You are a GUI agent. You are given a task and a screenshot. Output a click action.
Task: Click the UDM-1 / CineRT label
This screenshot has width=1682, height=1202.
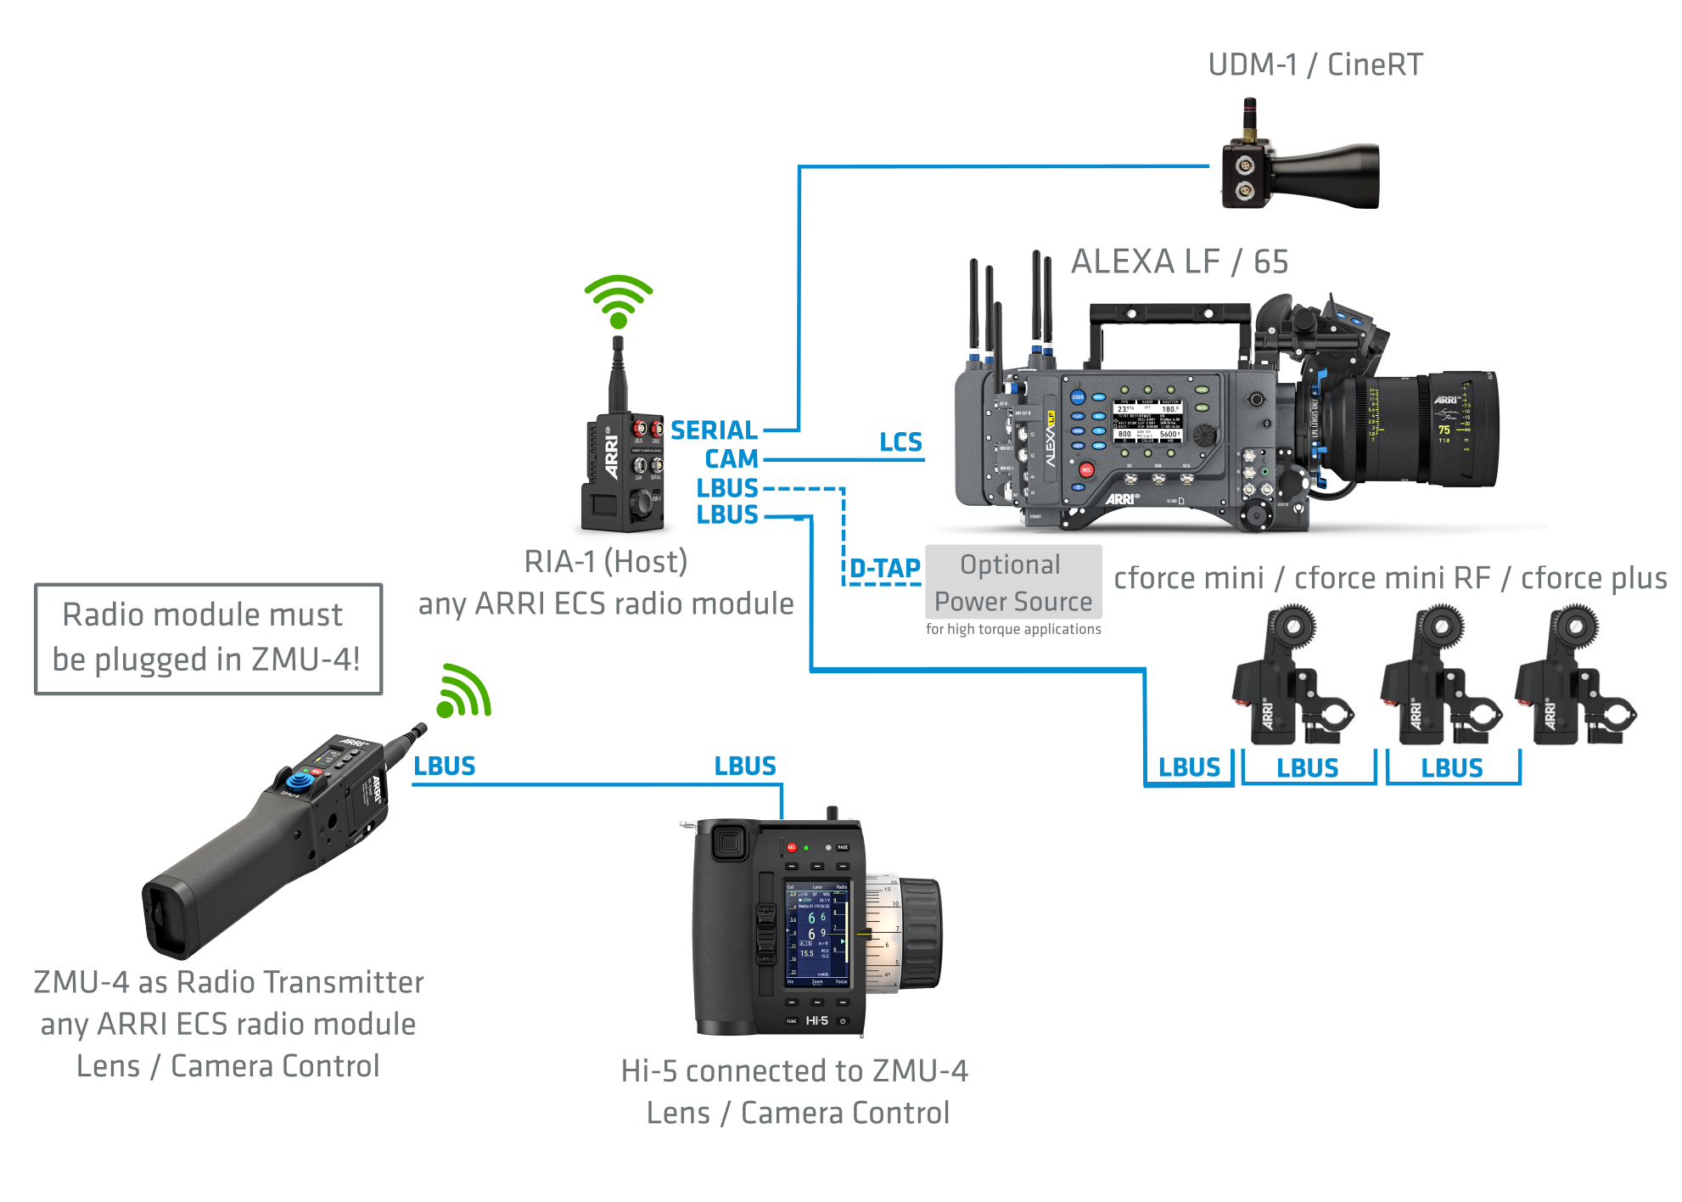[1315, 65]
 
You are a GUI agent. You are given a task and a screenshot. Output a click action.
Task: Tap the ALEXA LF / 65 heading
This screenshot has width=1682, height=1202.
[1179, 261]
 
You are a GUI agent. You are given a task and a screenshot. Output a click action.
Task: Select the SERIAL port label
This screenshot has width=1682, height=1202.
[714, 430]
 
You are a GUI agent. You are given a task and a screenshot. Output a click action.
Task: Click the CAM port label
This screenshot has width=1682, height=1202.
[731, 458]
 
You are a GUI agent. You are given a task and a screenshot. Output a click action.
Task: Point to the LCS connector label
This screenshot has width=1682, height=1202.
[900, 442]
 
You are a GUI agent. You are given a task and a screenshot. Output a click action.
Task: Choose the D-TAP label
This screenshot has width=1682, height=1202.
[884, 568]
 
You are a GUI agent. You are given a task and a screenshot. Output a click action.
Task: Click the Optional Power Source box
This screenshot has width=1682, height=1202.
[1013, 582]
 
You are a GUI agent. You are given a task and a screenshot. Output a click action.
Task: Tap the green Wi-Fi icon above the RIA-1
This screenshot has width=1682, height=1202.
[619, 301]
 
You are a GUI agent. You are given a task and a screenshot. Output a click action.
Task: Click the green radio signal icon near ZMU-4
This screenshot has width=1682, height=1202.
[463, 691]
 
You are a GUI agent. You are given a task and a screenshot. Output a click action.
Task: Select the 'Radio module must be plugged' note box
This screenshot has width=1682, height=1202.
[208, 638]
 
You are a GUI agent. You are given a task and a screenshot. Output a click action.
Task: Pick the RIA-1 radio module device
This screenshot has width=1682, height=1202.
[622, 471]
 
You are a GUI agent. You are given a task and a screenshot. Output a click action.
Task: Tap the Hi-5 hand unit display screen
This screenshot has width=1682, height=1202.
[816, 934]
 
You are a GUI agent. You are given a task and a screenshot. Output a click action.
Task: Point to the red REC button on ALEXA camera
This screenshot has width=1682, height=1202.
[1085, 469]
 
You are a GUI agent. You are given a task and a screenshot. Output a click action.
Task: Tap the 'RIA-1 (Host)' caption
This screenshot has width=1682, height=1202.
[605, 562]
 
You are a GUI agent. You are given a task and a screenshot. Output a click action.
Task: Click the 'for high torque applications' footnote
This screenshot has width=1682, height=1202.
[1013, 629]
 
